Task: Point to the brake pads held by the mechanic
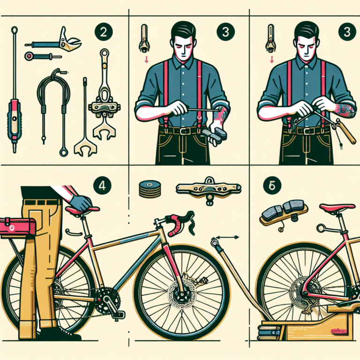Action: [x=215, y=134]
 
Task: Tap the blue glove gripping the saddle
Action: [x=82, y=203]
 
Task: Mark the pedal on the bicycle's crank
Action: [x=117, y=314]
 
